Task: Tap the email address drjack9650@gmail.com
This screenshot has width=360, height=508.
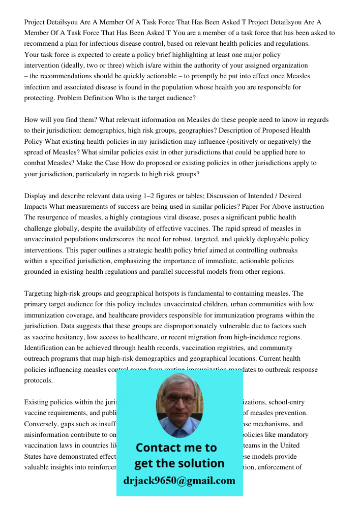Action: [x=179, y=480]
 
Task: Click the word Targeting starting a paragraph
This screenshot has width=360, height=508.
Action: [x=41, y=294]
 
